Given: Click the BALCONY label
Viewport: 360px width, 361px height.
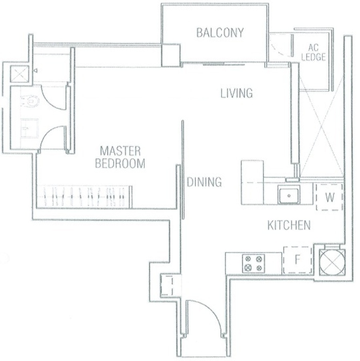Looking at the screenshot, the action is [x=220, y=33].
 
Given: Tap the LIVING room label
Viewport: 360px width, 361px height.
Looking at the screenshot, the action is [x=236, y=93].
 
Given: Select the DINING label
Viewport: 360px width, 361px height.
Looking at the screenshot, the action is [x=204, y=182].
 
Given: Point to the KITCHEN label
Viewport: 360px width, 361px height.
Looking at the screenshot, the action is [x=289, y=225].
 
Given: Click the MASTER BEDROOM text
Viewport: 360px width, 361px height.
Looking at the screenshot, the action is [x=120, y=157].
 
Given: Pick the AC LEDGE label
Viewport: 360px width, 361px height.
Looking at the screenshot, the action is [x=313, y=52].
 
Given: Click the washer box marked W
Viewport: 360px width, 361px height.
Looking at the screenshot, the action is [x=330, y=197].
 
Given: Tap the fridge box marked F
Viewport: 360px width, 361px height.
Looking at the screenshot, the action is [x=298, y=260].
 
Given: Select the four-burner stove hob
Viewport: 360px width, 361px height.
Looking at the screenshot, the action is [x=254, y=263].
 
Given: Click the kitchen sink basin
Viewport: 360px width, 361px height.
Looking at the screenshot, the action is [x=289, y=195].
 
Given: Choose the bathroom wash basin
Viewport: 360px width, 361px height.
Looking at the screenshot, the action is [x=30, y=128].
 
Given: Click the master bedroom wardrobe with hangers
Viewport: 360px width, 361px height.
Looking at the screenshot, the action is [x=84, y=197].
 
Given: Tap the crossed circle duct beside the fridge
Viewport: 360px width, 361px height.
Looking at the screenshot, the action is [x=332, y=263].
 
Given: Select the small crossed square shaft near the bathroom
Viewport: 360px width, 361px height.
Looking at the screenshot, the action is [x=20, y=74].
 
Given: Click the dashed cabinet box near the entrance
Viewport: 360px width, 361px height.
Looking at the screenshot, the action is [x=167, y=285].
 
